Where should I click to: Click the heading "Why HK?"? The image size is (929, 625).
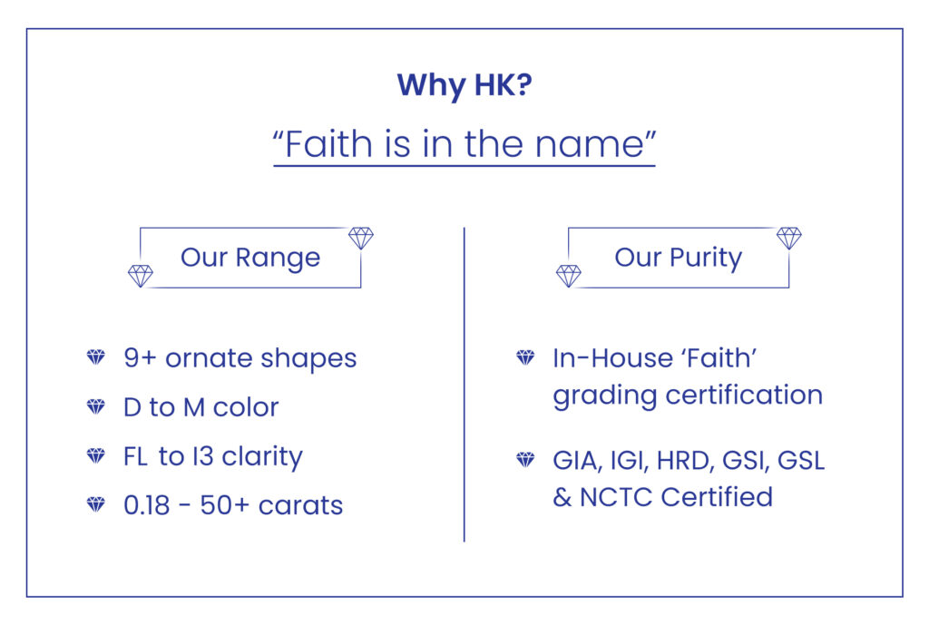[464, 85]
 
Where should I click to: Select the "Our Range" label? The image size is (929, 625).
[250, 258]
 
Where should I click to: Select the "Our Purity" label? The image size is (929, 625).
[678, 258]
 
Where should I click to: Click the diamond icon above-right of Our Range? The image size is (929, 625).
[361, 239]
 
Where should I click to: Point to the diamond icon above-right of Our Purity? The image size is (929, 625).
[789, 239]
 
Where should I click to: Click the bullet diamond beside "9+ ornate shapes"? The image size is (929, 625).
[96, 357]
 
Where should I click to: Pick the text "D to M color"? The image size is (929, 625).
[200, 407]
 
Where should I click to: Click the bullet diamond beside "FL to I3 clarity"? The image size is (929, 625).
[96, 456]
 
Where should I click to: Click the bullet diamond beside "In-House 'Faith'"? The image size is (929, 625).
[525, 357]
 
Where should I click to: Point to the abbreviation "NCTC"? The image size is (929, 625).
[620, 497]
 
